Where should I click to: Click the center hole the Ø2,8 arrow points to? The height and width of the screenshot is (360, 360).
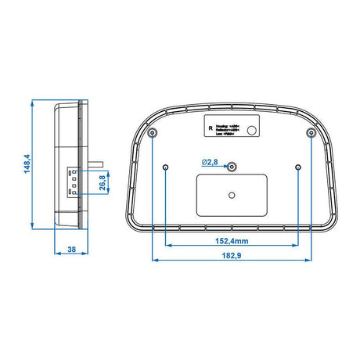pyautogui.click(x=232, y=167)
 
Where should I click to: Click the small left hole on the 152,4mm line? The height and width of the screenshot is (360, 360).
pyautogui.click(x=167, y=167)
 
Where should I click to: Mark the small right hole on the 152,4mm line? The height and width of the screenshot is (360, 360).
pyautogui.click(x=298, y=167)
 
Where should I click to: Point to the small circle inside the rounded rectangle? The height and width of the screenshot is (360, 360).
pyautogui.click(x=232, y=194)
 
